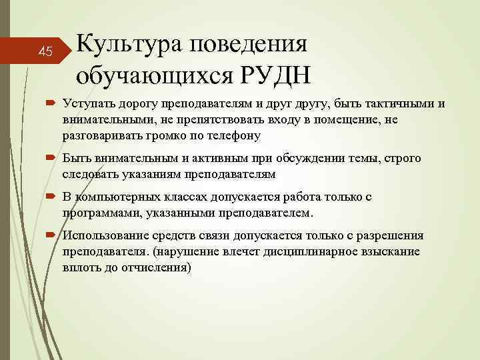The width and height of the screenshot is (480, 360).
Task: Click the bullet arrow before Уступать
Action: click(x=51, y=104)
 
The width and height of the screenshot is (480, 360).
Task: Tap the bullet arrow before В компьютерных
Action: click(x=51, y=198)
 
